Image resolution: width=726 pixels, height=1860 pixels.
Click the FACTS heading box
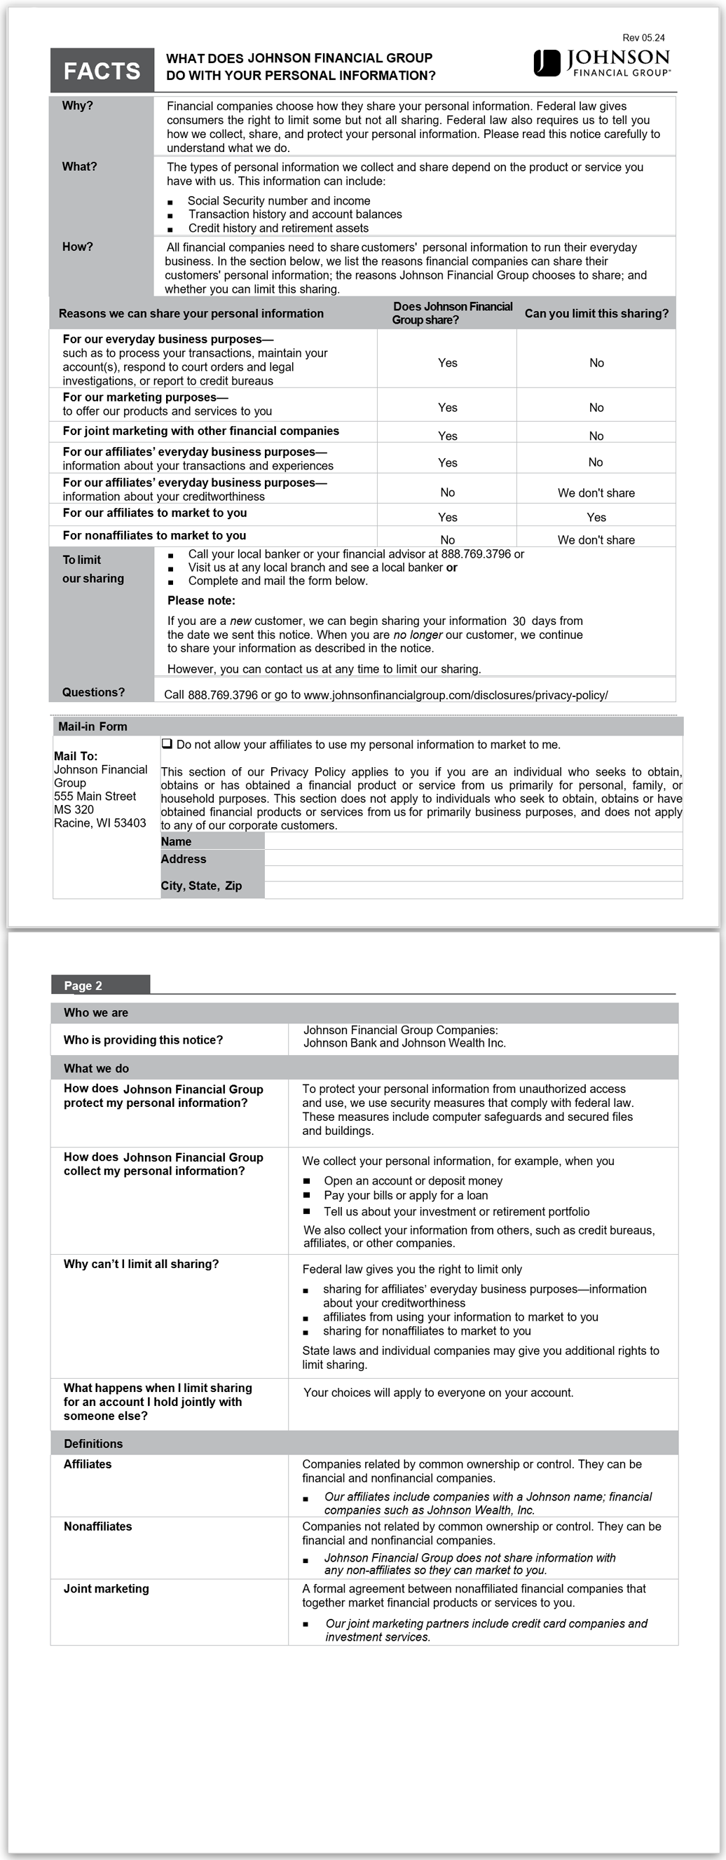pos(102,71)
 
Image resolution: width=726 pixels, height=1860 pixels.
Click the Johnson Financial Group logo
pos(602,63)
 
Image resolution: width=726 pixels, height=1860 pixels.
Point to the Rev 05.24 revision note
pos(643,38)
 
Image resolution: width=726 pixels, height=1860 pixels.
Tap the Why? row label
pos(77,106)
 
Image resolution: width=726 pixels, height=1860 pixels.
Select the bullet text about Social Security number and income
pos(279,201)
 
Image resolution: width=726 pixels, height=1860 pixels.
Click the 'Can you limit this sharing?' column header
pos(596,313)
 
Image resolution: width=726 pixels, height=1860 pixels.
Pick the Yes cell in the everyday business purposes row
pos(447,363)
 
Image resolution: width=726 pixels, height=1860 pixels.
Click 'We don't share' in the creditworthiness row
pos(596,493)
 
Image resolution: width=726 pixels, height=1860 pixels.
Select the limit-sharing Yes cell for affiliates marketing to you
pos(596,517)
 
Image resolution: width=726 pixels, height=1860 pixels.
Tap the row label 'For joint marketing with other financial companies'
pos(201,431)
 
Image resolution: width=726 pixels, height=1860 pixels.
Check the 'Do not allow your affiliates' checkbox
pos(167,744)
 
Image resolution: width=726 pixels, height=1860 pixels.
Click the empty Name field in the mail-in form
pos(472,841)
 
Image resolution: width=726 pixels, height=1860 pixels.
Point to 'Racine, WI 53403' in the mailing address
pos(100,822)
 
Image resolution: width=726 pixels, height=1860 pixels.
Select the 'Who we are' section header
pos(96,1012)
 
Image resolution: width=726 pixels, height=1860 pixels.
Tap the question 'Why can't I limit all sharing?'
pos(141,1264)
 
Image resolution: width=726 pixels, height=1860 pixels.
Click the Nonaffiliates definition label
pos(97,1527)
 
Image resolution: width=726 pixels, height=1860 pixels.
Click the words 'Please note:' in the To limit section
pos(201,601)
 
